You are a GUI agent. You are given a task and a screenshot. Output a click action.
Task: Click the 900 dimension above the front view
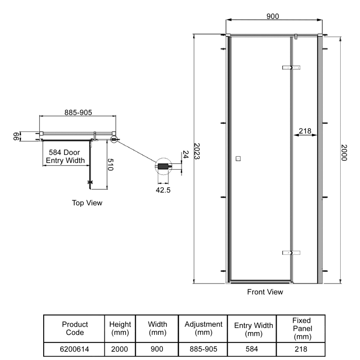pos(273,16)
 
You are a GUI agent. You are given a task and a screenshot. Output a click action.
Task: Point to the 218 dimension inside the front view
pos(305,131)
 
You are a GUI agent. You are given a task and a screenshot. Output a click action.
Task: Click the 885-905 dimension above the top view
pos(78,112)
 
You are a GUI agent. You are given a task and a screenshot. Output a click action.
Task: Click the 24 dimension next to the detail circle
pos(185,155)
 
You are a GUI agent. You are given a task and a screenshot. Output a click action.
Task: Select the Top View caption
pos(87,203)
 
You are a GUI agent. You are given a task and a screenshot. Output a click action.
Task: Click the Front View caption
pos(265,292)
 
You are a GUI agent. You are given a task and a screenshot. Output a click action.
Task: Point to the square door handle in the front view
pos(238,158)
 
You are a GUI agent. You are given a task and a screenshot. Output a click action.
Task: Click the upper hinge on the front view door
pos(291,67)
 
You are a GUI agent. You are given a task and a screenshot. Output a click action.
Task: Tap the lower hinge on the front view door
pos(291,253)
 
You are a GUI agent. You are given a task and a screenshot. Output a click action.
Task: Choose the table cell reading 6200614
pos(74,349)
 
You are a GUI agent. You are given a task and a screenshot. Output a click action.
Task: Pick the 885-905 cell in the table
pos(203,349)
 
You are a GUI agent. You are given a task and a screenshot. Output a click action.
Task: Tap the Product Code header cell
pos(74,328)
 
